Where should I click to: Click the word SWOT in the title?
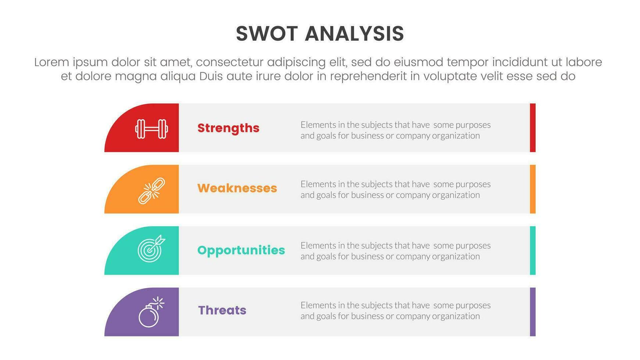pos(267,34)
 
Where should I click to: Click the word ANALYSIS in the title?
pos(355,34)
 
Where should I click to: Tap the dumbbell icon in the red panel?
pos(152,129)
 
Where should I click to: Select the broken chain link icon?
pos(152,191)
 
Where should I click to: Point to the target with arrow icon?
pos(151,249)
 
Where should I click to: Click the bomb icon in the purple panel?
pos(151,312)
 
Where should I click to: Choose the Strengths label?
pos(229,128)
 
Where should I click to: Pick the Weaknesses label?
pos(237,188)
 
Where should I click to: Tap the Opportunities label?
pos(241,251)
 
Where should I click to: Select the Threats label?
pos(222,310)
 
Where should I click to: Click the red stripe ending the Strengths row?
pos(533,128)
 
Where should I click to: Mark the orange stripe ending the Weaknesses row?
pos(533,189)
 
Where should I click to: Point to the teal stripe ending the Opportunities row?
pos(533,251)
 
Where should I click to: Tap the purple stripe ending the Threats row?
pos(533,312)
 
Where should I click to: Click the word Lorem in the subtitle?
pos(52,62)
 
